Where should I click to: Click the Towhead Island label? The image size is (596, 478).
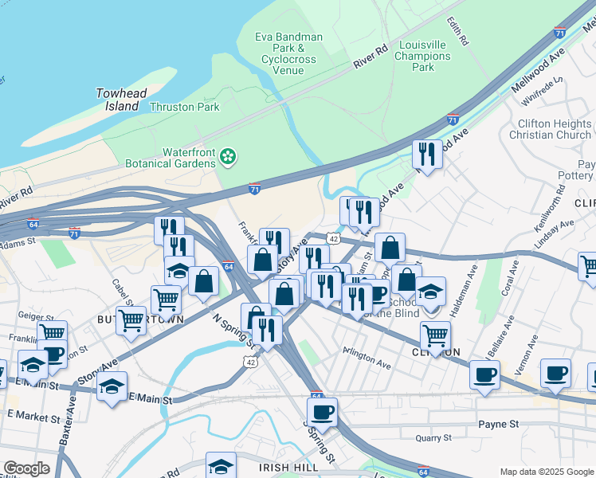click(121, 100)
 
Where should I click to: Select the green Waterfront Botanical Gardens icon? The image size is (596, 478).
click(229, 157)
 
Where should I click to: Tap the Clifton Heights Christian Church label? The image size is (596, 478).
click(554, 129)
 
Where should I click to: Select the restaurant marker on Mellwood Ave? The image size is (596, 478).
click(428, 155)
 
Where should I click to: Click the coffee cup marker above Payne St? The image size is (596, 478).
click(322, 412)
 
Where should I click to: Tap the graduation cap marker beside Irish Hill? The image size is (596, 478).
click(221, 466)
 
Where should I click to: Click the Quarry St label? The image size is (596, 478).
click(433, 437)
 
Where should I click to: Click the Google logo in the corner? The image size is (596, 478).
click(26, 468)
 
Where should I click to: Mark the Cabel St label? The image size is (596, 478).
click(120, 292)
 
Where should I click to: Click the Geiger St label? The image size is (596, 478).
click(34, 315)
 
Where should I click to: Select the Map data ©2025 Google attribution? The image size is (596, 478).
click(547, 472)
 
